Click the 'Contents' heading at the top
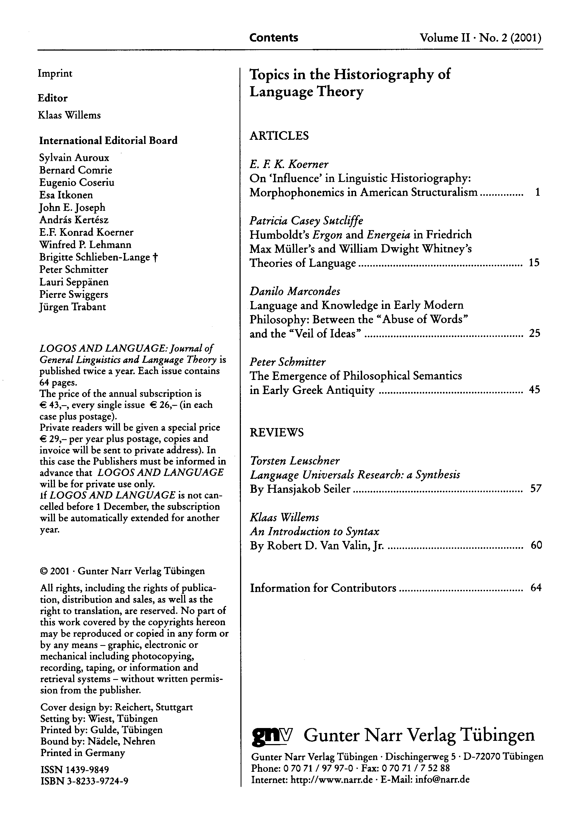point(274,38)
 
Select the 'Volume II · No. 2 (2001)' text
point(480,38)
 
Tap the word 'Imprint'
point(55,73)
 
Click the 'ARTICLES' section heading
point(279,136)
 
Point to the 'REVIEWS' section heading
point(277,432)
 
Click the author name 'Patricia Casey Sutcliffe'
point(306,221)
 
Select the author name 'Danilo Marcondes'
point(294,291)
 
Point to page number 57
point(535,489)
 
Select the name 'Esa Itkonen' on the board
point(66,195)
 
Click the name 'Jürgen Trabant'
point(73,307)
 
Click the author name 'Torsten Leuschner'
point(294,461)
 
